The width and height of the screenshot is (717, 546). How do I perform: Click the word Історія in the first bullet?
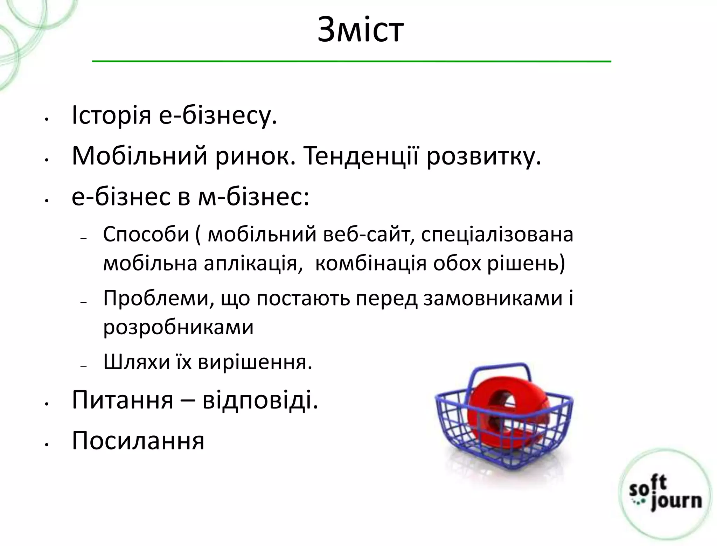pyautogui.click(x=111, y=115)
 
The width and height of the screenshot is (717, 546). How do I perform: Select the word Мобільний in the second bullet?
pyautogui.click(x=139, y=156)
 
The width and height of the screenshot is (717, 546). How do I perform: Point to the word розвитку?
pyautogui.click(x=483, y=156)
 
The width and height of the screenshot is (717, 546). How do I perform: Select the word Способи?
pyautogui.click(x=146, y=234)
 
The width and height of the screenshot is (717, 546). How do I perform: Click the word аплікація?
pyautogui.click(x=253, y=264)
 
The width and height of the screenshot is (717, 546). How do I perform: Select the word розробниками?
pyautogui.click(x=178, y=328)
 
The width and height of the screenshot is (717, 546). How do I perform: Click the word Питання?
pyautogui.click(x=123, y=400)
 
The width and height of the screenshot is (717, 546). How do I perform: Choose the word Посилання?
pyautogui.click(x=138, y=441)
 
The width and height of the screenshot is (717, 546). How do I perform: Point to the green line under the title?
pyautogui.click(x=351, y=62)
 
